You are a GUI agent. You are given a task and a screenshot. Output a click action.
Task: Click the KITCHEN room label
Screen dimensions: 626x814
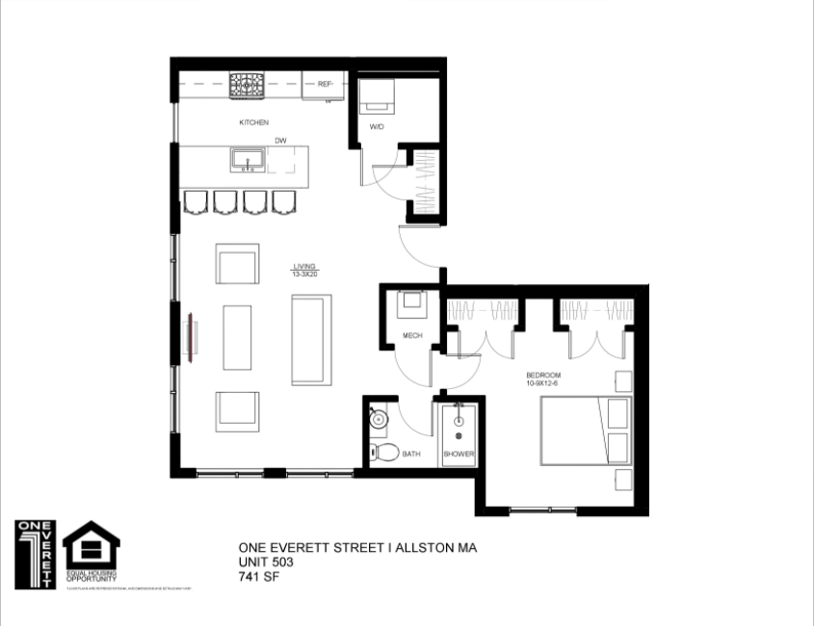click(x=253, y=122)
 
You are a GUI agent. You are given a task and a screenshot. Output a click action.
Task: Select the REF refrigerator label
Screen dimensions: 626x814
click(x=325, y=85)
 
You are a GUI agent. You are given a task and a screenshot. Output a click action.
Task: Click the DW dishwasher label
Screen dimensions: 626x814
click(x=280, y=141)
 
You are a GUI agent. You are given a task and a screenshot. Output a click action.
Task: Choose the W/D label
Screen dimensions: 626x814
click(x=377, y=127)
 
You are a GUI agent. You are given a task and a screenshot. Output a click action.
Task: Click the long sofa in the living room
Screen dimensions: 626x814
click(x=311, y=338)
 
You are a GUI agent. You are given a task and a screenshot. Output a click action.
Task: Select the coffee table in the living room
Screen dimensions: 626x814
click(x=237, y=337)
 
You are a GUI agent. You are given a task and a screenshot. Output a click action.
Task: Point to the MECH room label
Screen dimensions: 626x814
click(x=413, y=335)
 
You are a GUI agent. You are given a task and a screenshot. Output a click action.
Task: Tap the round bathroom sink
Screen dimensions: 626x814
click(x=378, y=419)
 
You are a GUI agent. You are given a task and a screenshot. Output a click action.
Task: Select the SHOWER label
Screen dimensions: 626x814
click(x=459, y=455)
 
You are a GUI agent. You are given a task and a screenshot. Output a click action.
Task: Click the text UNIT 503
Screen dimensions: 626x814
click(x=266, y=561)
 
